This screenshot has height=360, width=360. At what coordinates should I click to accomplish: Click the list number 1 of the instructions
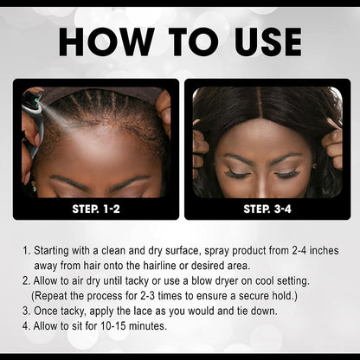click(24, 252)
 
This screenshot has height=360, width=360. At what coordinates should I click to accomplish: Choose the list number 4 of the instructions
click(24, 325)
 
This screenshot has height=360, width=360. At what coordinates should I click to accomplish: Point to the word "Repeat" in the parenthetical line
click(54, 296)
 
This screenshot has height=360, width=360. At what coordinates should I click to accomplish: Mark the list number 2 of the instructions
click(24, 281)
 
